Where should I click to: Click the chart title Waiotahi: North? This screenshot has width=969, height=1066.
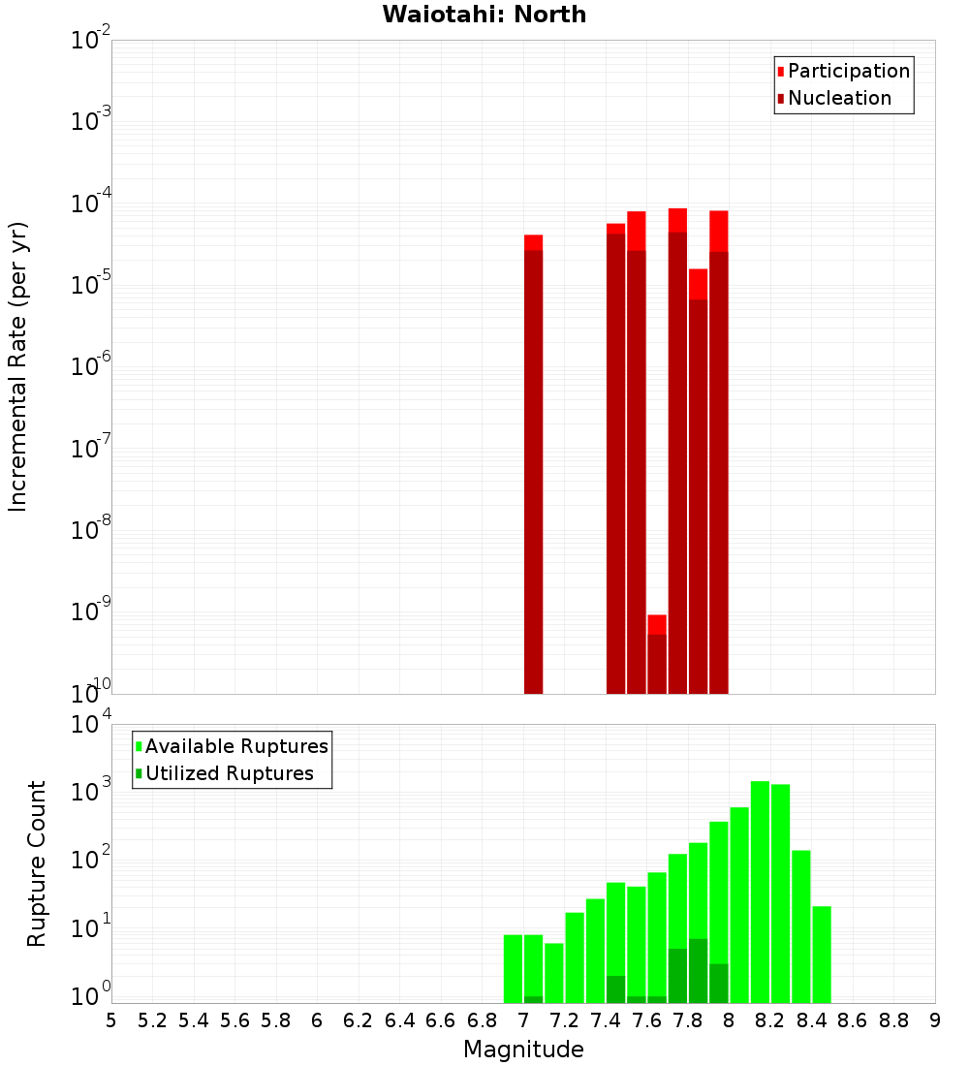coord(484,15)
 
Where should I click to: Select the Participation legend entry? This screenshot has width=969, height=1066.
coord(842,71)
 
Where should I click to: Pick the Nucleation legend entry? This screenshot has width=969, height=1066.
coord(832,98)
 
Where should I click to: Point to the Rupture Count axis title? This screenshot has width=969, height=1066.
coord(37,862)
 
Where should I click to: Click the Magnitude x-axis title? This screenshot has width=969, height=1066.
coord(523,1050)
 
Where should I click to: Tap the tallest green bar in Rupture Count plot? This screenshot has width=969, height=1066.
coord(760,892)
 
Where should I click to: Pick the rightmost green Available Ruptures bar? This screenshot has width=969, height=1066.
coord(822,954)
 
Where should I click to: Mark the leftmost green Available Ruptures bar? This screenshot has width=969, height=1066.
coord(513,968)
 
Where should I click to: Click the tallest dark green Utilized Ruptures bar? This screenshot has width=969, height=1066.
coord(698,970)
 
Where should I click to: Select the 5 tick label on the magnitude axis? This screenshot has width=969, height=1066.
coord(111,1020)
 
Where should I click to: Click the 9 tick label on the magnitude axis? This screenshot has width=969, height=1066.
coord(935,1020)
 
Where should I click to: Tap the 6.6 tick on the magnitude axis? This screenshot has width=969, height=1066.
coord(441,1020)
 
